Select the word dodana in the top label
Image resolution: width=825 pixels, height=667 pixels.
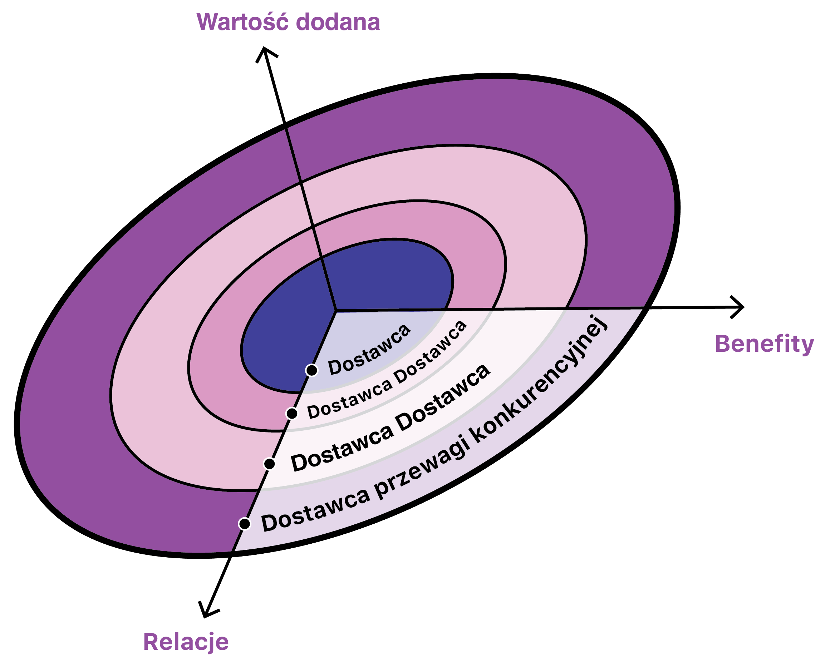click(338, 22)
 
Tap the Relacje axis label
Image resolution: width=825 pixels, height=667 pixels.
click(186, 642)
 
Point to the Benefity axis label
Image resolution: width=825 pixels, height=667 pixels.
click(764, 344)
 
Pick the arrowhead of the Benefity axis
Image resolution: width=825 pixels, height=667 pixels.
click(740, 307)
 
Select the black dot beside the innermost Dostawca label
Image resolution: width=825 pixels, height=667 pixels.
click(311, 370)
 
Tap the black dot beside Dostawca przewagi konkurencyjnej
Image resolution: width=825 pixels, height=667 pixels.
click(245, 523)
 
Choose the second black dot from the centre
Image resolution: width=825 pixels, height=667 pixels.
click(292, 414)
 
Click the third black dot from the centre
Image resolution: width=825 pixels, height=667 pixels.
click(270, 464)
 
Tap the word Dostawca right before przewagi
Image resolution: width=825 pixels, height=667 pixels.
click(315, 511)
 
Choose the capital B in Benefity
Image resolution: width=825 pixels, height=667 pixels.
click(723, 344)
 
